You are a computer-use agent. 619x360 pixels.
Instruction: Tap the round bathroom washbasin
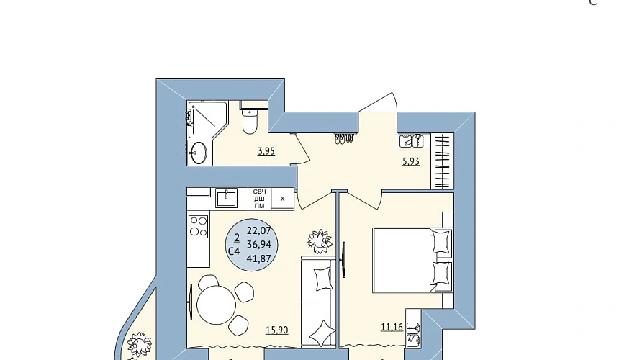199,153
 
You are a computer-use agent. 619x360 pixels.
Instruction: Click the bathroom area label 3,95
266,151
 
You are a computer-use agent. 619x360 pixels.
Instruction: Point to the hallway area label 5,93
411,161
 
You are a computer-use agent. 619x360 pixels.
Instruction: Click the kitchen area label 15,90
276,330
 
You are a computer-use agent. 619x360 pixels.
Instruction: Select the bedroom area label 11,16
392,327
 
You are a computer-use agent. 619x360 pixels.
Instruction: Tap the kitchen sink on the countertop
227,198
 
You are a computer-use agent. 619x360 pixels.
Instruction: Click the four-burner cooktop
198,227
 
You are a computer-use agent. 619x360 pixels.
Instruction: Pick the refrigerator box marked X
283,199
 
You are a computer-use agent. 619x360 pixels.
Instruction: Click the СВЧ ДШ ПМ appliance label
259,199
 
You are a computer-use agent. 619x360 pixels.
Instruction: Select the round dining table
217,305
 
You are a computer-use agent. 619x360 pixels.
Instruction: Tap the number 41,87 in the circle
259,258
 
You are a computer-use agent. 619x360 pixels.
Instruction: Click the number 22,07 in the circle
259,230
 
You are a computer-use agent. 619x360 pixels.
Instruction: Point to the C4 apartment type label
234,251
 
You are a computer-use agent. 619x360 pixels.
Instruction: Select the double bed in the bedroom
412,260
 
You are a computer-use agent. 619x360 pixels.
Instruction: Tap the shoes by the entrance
344,138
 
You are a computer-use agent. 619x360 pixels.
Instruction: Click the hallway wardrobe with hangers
442,161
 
